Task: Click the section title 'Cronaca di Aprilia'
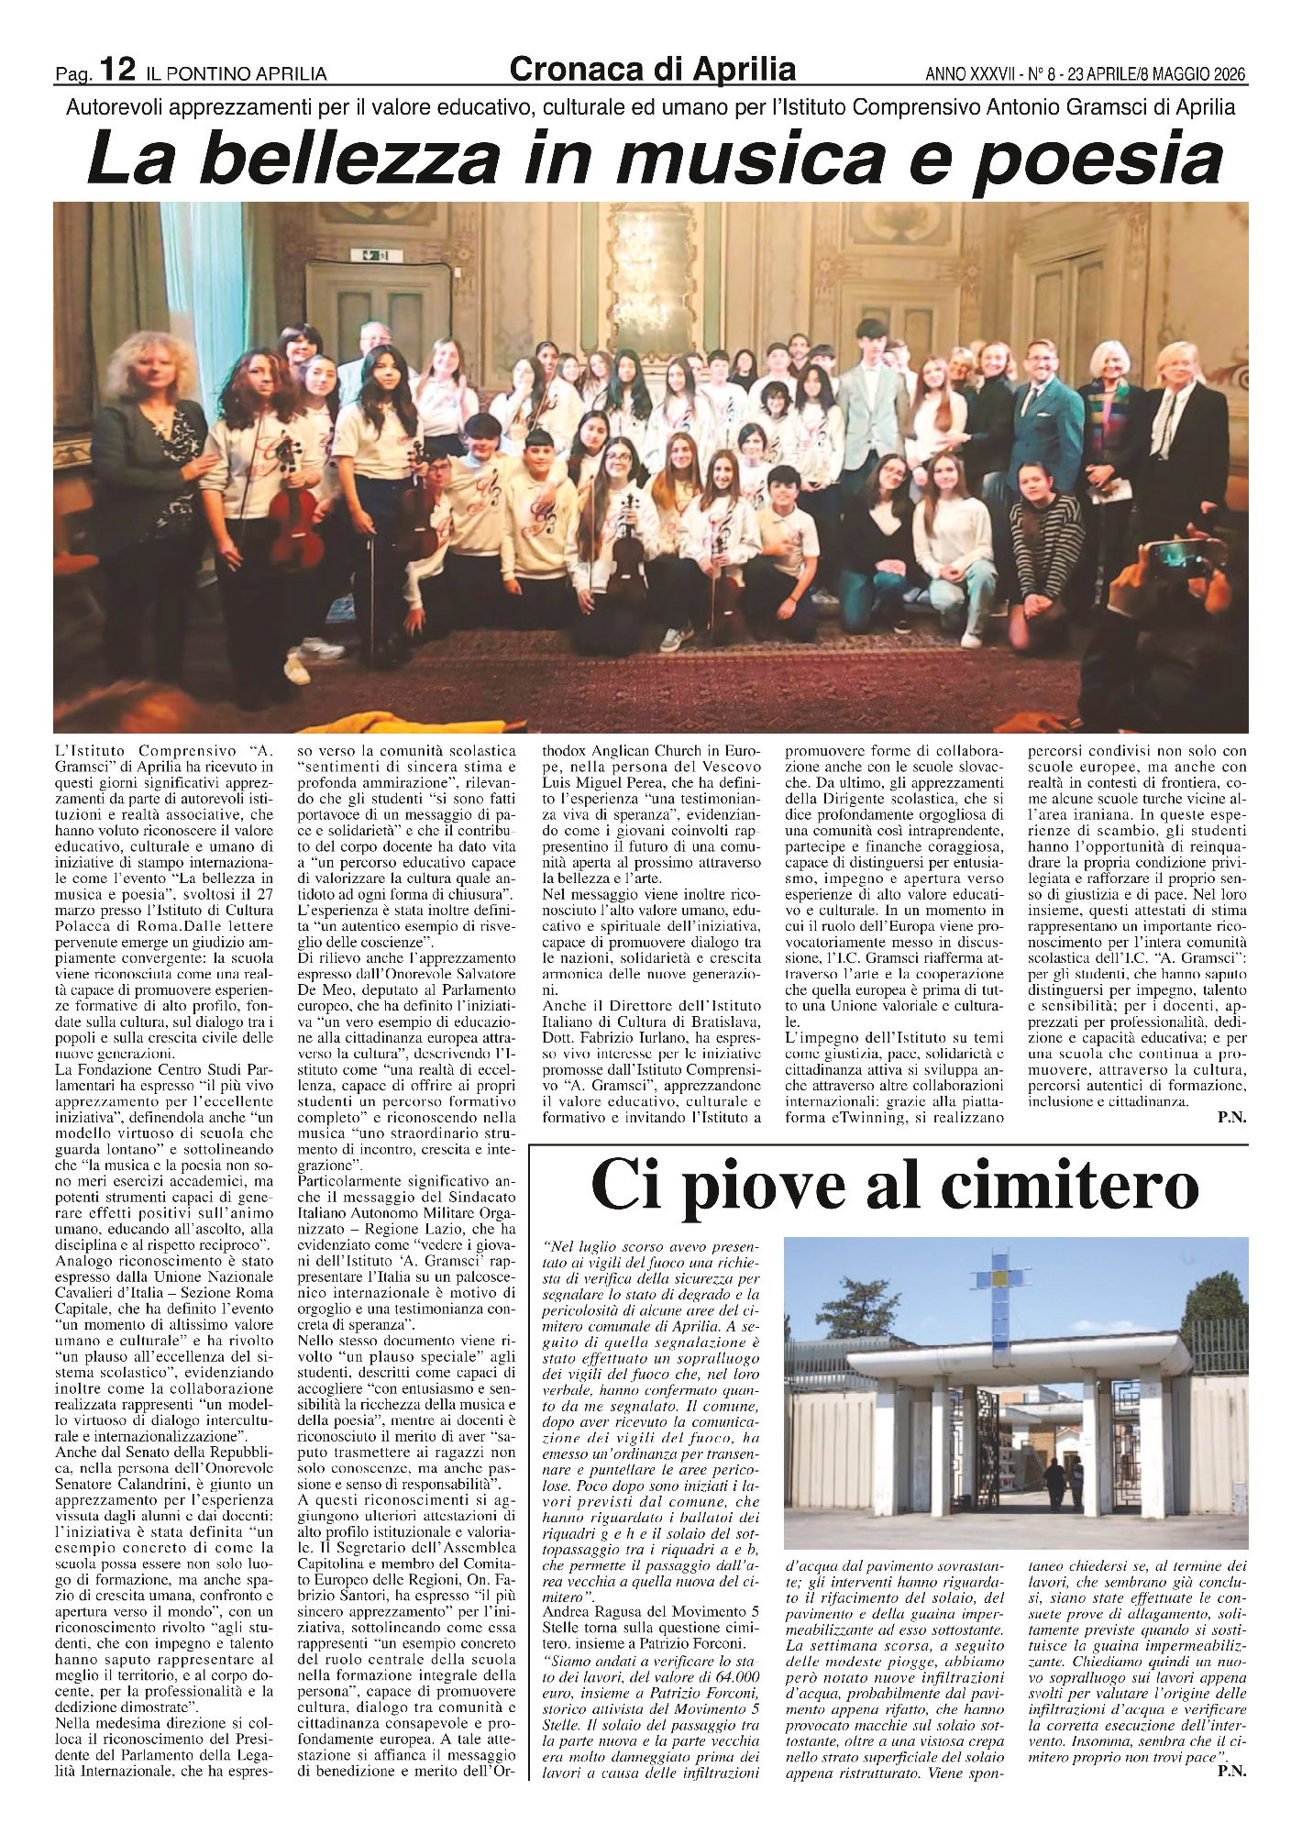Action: tap(652, 68)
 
